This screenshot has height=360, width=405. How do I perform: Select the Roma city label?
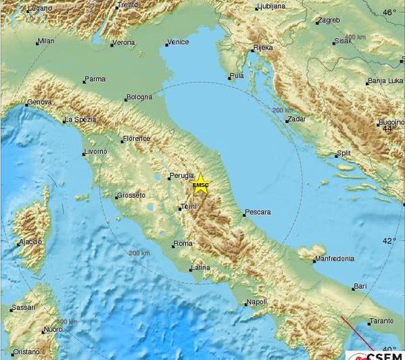pyautogui.click(x=183, y=244)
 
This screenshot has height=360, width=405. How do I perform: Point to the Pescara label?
pyautogui.click(x=258, y=212)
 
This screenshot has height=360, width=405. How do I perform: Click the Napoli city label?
pyautogui.click(x=258, y=302)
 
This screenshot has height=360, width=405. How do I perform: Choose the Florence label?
pyautogui.click(x=137, y=139)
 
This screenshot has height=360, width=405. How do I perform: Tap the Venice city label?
pyautogui.click(x=179, y=42)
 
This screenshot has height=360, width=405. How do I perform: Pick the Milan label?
pyautogui.click(x=47, y=41)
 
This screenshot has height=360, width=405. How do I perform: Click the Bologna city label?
pyautogui.click(x=140, y=98)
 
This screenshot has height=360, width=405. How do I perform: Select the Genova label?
pyautogui.click(x=39, y=103)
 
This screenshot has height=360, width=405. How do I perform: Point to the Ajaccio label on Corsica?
pyautogui.click(x=30, y=241)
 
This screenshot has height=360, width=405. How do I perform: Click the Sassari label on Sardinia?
pyautogui.click(x=23, y=308)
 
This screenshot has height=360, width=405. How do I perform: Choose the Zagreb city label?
pyautogui.click(x=329, y=20)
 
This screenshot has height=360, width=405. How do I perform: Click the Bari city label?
pyautogui.click(x=360, y=286)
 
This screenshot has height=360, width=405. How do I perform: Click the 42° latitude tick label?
pyautogui.click(x=391, y=240)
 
